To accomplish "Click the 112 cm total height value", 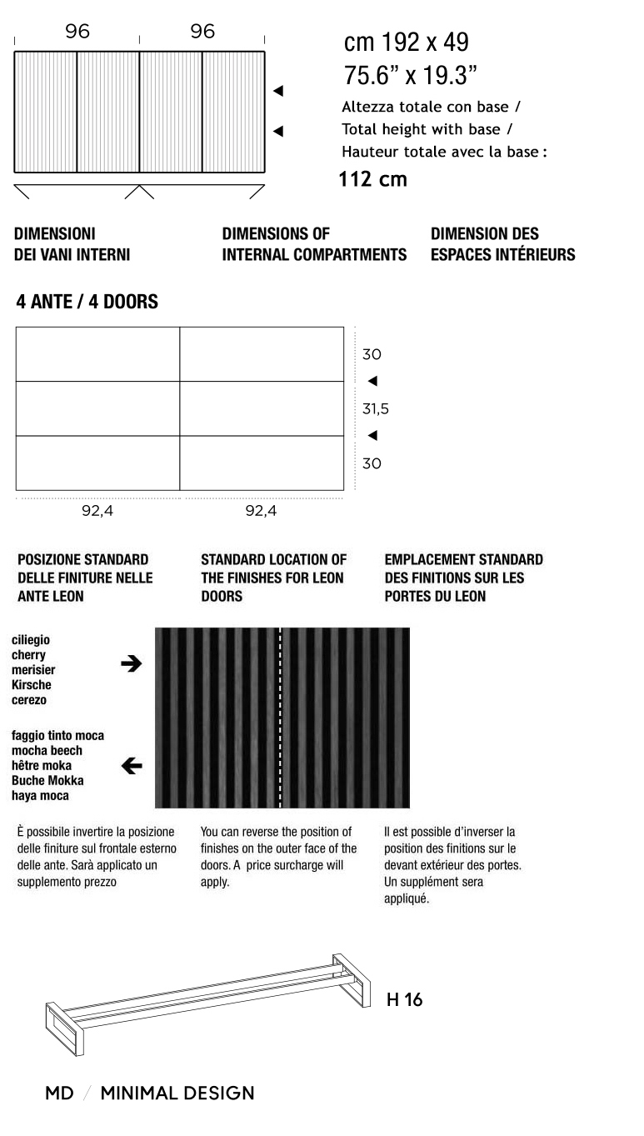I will click(372, 179).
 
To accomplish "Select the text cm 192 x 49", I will click(406, 43).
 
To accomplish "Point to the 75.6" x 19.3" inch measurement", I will click(410, 76).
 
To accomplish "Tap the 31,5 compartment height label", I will click(375, 409).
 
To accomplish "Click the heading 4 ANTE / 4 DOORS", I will click(87, 302).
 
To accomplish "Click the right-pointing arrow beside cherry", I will click(131, 663).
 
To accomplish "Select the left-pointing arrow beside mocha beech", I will click(131, 766).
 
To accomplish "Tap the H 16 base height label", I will click(404, 1000).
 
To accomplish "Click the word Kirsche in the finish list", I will click(32, 685).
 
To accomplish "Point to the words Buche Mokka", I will click(47, 781).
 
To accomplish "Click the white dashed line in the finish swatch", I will click(281, 717).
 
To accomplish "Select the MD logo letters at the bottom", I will click(59, 1093).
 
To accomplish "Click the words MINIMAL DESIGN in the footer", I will click(177, 1093).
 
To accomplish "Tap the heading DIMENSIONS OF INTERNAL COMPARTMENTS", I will click(314, 244).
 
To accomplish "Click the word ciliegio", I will click(31, 639).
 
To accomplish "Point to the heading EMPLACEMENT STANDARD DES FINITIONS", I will click(463, 578).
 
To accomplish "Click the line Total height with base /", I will click(427, 129).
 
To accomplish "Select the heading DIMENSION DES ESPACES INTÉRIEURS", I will click(502, 244).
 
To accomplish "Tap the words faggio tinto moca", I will click(57, 736).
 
